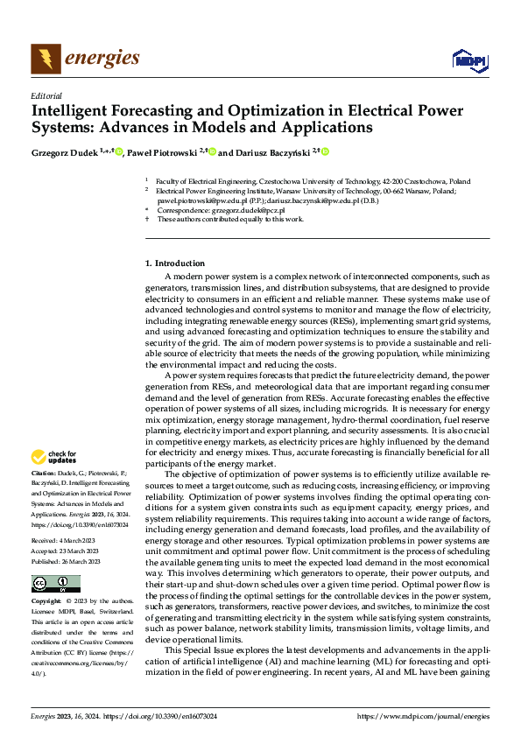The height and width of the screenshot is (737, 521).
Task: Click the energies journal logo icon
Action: (45, 59)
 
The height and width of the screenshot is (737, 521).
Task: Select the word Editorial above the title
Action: (46, 96)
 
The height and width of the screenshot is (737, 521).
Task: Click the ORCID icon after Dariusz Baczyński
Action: (325, 152)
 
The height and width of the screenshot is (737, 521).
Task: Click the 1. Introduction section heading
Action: (175, 263)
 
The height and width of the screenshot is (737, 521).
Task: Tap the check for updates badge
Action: (53, 457)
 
